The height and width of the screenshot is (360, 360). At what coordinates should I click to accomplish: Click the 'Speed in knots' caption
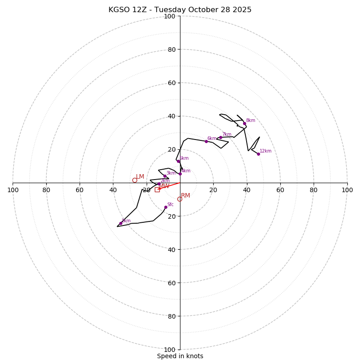180,356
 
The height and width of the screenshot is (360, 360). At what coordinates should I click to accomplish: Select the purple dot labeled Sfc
166,207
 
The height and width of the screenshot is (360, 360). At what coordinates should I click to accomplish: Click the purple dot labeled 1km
121,223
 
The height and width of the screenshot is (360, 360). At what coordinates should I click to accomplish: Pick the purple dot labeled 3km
165,176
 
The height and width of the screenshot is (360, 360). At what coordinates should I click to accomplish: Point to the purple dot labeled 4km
180,174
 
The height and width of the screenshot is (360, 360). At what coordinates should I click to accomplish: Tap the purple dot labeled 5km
178,161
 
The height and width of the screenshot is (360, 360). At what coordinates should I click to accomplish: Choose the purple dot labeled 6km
206,141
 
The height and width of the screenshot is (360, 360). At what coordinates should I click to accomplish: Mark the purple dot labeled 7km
220,137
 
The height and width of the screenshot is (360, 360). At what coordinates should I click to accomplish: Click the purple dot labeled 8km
244,123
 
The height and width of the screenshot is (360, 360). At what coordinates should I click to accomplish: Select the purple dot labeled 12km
258,154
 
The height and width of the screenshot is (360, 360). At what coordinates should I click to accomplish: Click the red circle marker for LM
135,180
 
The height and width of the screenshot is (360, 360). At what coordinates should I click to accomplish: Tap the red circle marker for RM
180,199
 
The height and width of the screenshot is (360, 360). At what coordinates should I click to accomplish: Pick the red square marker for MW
157,189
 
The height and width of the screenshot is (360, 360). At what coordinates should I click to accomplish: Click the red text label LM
140,177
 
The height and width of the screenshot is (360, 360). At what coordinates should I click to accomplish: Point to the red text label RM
185,195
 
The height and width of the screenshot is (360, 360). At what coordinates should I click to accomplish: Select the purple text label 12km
265,151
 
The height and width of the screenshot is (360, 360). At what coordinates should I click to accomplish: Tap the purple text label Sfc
170,204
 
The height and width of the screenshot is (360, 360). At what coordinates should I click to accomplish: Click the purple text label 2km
165,181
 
